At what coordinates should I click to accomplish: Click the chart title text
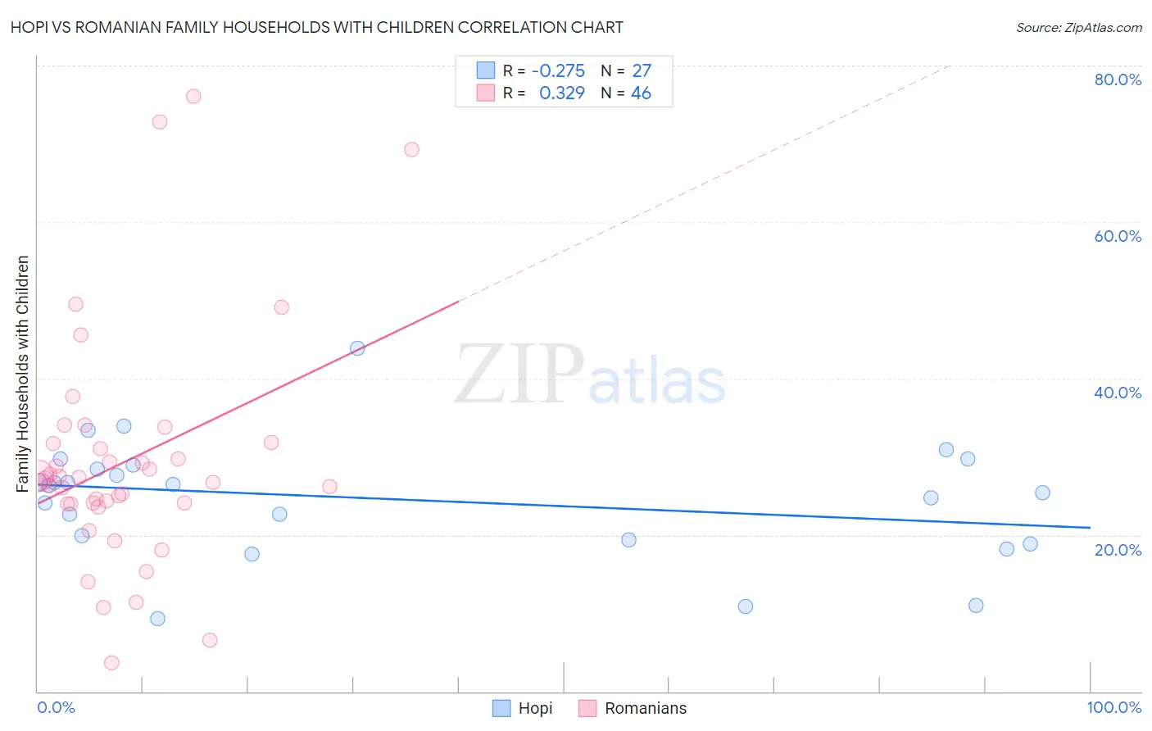click(316, 27)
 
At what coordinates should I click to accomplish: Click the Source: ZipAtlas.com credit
click(1078, 27)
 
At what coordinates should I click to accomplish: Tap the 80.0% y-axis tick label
click(1118, 79)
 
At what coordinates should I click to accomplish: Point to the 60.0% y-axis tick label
click(1118, 236)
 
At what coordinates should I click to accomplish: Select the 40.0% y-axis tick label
click(1118, 393)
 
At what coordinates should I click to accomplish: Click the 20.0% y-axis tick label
click(1118, 550)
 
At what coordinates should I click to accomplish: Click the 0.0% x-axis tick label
click(56, 707)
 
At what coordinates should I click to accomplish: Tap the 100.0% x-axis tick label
click(1113, 707)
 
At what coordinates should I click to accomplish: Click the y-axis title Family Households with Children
click(23, 374)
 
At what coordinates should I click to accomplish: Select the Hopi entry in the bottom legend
click(535, 708)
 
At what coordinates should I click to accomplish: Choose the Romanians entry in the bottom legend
click(645, 708)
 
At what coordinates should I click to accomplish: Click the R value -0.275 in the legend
click(558, 70)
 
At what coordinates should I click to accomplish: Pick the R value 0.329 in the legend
click(561, 93)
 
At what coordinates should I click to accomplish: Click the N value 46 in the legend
click(641, 93)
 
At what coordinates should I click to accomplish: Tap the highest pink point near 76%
click(193, 96)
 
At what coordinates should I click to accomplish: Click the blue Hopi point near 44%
click(357, 348)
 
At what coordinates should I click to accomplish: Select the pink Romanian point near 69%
click(411, 149)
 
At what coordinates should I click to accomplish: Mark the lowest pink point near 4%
click(111, 662)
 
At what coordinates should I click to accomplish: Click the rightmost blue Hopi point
click(1042, 493)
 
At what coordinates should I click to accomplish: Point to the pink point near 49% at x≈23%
click(281, 307)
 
